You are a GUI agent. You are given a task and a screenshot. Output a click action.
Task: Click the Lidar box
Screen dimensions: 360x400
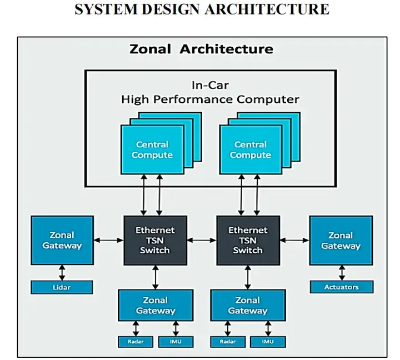pyautogui.click(x=62, y=287)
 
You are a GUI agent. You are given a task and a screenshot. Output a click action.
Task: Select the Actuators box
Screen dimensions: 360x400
pyautogui.click(x=341, y=287)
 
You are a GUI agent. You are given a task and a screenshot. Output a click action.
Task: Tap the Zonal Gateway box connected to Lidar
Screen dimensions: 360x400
pyautogui.click(x=62, y=240)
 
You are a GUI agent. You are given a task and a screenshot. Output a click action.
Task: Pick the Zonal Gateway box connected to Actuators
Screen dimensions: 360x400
pyautogui.click(x=340, y=240)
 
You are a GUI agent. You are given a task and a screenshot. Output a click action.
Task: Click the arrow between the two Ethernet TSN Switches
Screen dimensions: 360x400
pyautogui.click(x=202, y=240)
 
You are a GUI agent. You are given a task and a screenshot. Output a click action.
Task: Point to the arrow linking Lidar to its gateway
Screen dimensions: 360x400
pyautogui.click(x=62, y=272)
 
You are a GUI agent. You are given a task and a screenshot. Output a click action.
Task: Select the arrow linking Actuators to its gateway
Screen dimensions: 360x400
pyautogui.click(x=341, y=272)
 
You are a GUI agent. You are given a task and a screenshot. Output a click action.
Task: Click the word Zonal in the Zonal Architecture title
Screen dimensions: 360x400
pyautogui.click(x=150, y=49)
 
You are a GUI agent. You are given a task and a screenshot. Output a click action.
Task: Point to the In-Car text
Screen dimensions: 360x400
pyautogui.click(x=210, y=86)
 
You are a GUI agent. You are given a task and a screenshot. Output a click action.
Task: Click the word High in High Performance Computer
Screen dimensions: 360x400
pyautogui.click(x=135, y=100)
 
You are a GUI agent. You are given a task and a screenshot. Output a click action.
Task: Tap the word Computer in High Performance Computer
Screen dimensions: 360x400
pyautogui.click(x=268, y=100)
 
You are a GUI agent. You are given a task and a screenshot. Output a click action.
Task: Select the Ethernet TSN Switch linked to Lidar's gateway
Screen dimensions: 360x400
pyautogui.click(x=155, y=240)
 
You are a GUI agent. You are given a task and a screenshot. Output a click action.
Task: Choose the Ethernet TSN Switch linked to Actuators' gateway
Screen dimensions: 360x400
pyautogui.click(x=248, y=240)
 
